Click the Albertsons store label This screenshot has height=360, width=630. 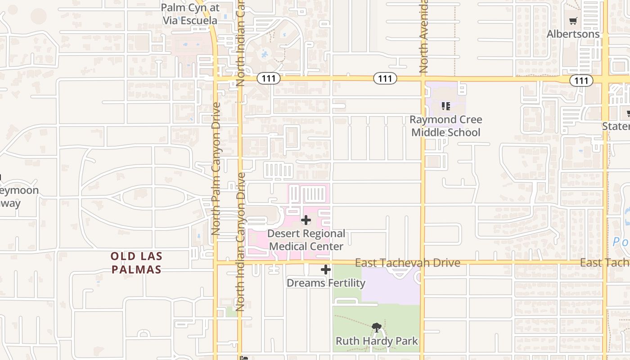point(573,34)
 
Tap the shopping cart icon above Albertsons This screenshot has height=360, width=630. point(573,21)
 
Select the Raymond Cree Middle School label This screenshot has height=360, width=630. point(446,126)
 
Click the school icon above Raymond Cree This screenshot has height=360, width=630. point(446,106)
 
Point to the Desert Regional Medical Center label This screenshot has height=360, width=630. point(306,240)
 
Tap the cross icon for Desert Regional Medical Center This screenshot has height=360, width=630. point(306,220)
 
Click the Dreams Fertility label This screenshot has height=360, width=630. point(326,283)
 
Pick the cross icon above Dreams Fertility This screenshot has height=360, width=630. point(326,270)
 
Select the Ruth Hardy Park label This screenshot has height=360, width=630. point(377,341)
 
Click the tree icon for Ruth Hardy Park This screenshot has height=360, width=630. point(377,327)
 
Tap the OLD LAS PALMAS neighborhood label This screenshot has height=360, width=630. point(136,263)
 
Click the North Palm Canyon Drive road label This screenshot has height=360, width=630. point(216,169)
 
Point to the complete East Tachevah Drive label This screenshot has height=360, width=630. point(407,263)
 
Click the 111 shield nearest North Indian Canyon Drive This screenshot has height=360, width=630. point(269,79)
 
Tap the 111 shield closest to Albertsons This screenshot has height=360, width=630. point(581,81)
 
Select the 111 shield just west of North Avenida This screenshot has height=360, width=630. point(385,79)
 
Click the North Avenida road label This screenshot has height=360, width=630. point(423,36)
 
